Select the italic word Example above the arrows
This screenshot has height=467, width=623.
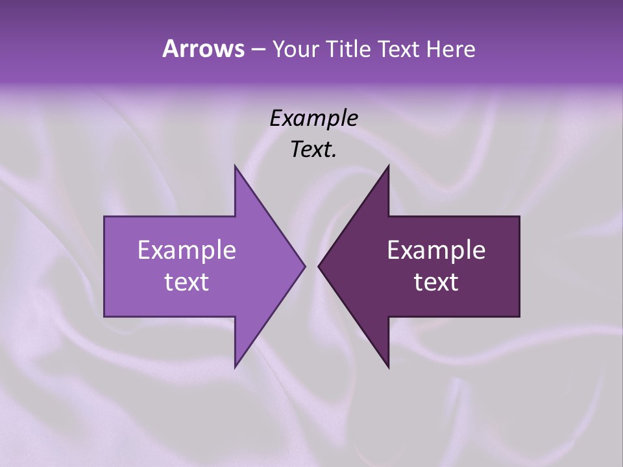[313, 119]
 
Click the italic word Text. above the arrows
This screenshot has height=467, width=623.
[313, 150]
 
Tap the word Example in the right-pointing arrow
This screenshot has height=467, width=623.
[187, 250]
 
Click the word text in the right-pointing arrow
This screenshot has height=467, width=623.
[187, 281]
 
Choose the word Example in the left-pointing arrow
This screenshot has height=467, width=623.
[436, 250]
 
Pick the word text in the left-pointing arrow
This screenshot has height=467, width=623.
[436, 281]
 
